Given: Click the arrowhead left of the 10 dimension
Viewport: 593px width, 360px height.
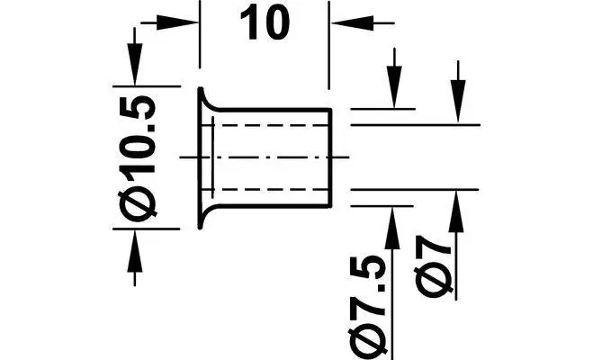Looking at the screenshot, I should coord(185,21).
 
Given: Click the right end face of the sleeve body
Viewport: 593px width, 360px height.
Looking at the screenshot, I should coord(331,157).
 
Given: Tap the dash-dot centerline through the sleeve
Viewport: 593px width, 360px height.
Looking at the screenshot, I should coord(270,157).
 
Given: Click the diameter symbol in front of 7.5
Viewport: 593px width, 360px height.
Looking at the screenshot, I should coord(371,339).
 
